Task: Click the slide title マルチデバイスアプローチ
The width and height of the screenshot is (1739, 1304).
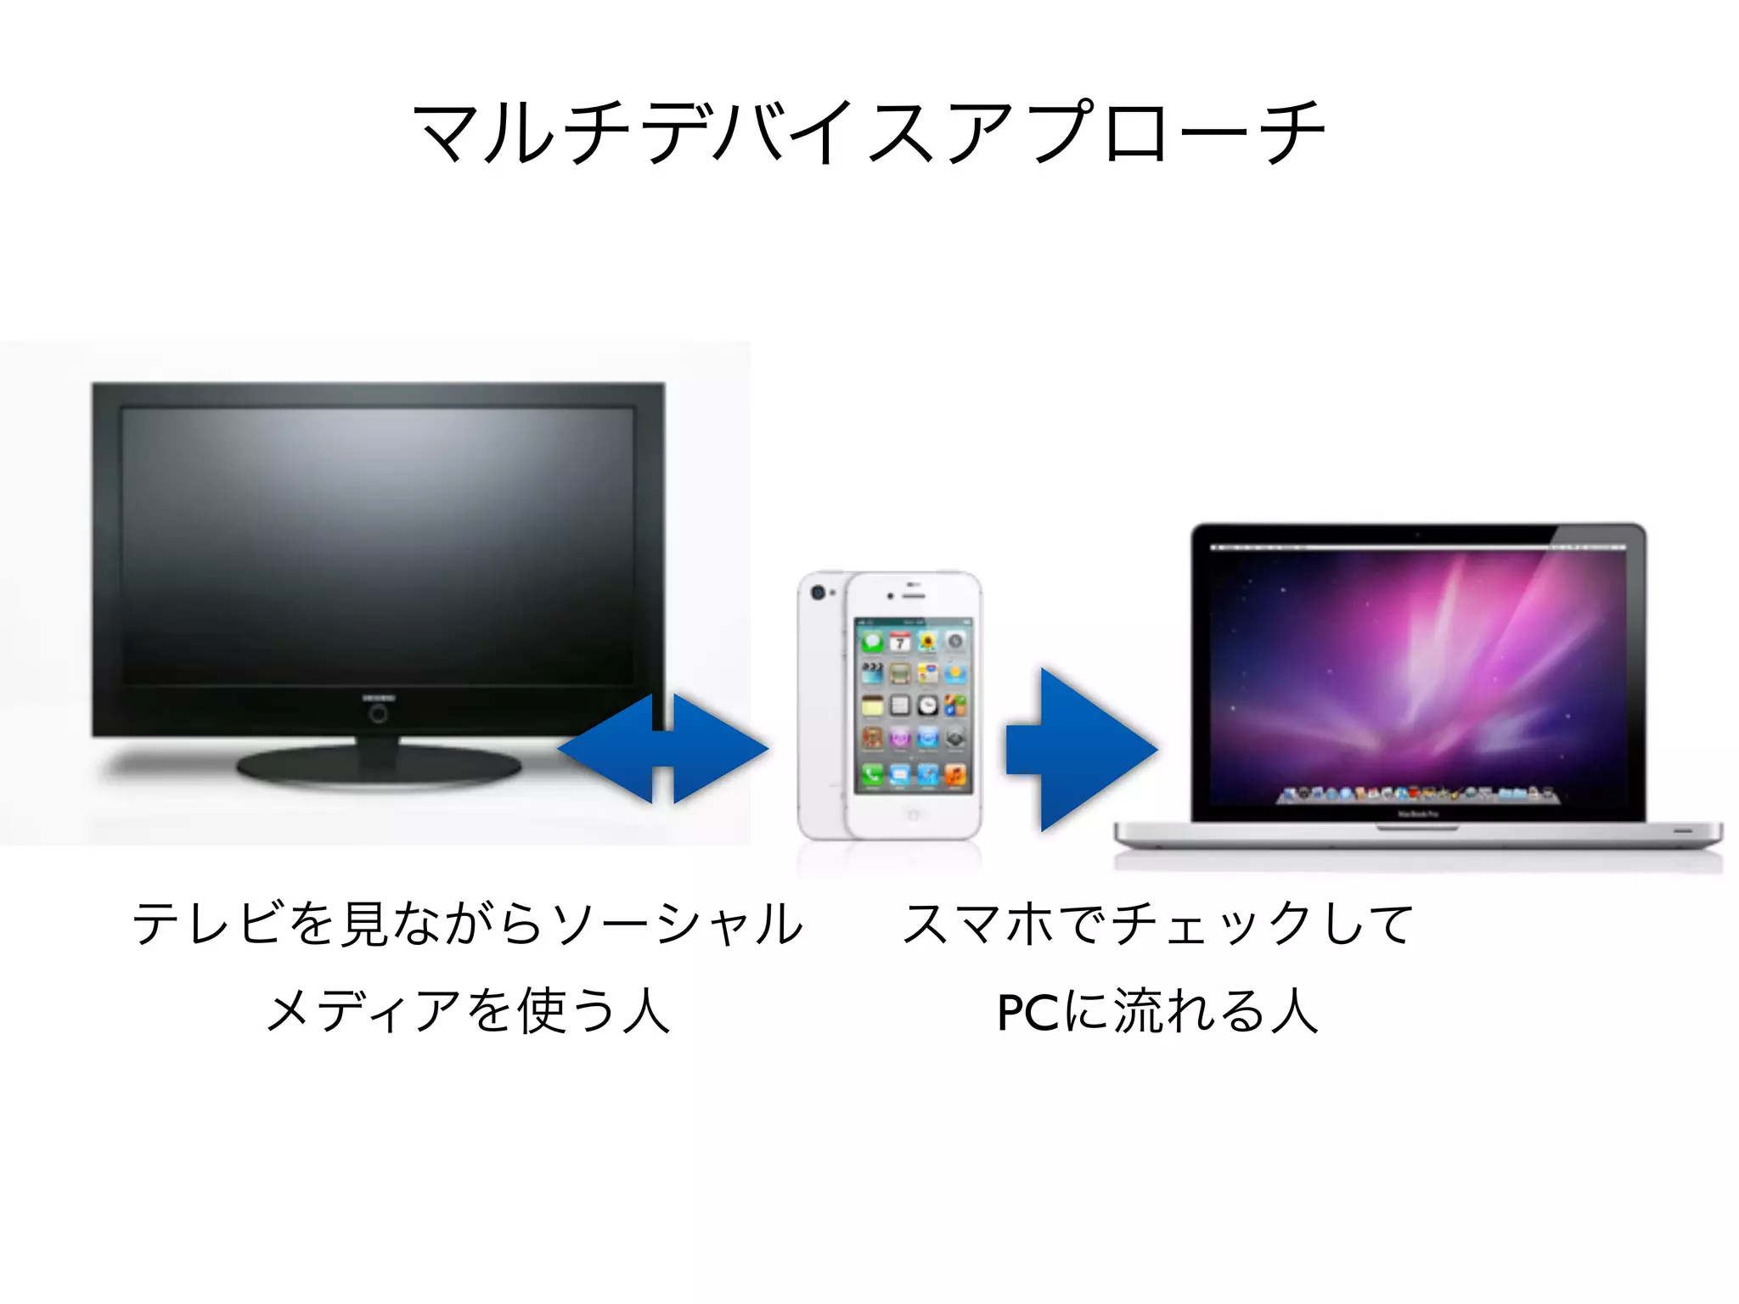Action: [x=868, y=132]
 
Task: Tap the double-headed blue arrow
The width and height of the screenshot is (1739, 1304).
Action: [x=663, y=749]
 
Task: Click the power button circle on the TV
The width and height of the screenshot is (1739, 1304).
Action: [x=379, y=714]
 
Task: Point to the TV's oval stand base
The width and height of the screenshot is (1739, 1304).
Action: [x=379, y=767]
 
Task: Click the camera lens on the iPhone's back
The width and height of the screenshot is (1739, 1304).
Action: [x=818, y=593]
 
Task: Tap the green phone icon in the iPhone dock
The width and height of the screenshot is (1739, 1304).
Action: [x=872, y=774]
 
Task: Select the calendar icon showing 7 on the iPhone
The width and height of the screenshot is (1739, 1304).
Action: [x=899, y=643]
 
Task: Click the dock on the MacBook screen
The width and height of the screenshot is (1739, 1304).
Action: [x=1417, y=795]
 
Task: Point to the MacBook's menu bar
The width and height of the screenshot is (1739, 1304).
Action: [x=1417, y=548]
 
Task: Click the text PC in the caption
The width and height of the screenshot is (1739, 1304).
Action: [x=1027, y=1012]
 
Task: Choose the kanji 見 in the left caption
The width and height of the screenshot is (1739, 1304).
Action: [x=363, y=924]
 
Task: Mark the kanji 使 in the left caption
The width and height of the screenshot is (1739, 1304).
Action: [x=540, y=1012]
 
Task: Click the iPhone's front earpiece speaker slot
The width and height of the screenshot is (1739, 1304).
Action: [x=915, y=595]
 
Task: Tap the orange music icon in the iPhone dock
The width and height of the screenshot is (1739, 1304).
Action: [x=954, y=774]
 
